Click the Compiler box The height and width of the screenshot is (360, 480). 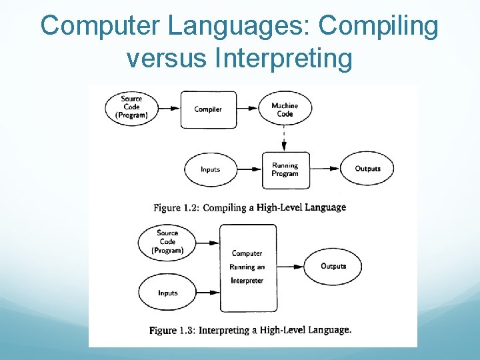point(208,109)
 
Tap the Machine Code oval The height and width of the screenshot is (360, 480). point(285,109)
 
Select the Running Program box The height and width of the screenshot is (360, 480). point(285,169)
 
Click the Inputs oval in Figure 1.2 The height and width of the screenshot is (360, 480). point(210,169)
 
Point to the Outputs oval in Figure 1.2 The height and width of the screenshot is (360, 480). point(367,169)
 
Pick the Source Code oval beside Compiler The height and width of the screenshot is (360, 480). point(131,107)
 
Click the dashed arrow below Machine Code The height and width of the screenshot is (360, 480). point(285,140)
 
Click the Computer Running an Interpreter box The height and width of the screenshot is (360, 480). point(247,267)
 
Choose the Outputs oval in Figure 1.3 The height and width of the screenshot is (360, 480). point(333,266)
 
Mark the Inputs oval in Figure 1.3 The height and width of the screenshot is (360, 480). point(167,293)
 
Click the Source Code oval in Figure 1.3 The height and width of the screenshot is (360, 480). point(167,241)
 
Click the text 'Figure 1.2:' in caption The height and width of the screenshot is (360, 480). point(176,208)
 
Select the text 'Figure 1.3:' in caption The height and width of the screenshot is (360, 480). point(172,331)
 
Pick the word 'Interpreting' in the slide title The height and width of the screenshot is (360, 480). point(284,59)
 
